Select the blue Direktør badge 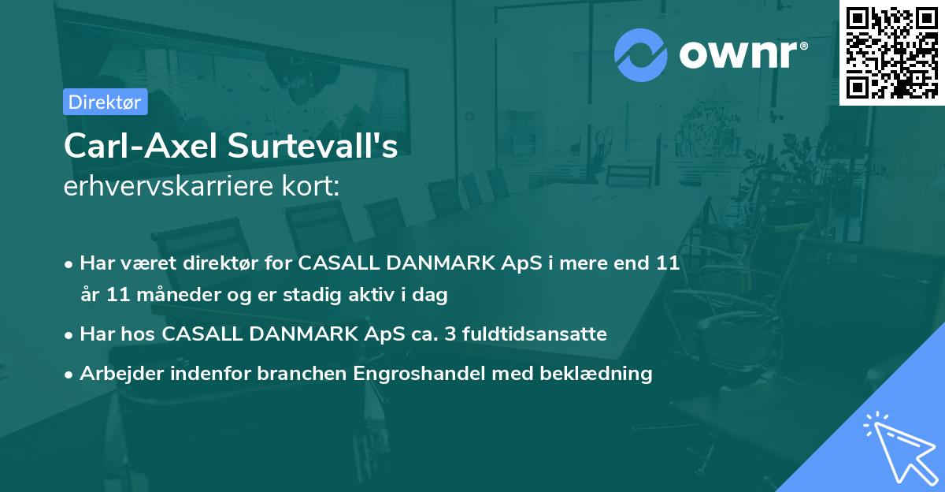105,102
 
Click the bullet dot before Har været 70,264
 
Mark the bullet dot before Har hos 70,335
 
